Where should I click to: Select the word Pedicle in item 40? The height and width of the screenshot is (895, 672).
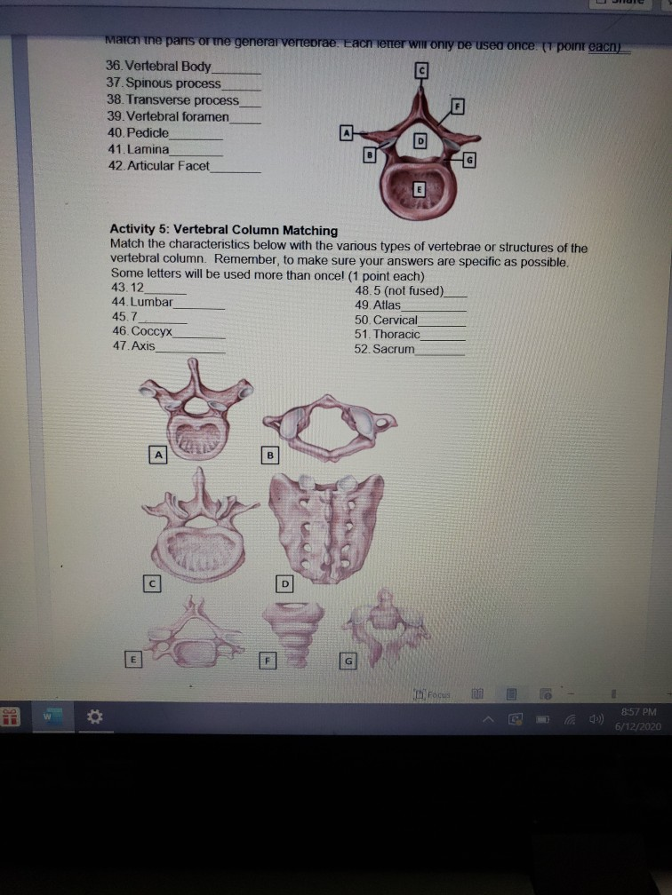150,132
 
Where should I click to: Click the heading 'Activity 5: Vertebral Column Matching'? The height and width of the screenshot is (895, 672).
223,231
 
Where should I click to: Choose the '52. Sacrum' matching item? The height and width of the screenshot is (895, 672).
384,350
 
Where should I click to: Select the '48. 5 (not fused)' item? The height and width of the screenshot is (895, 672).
398,290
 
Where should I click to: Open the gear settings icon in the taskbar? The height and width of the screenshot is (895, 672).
90,717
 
